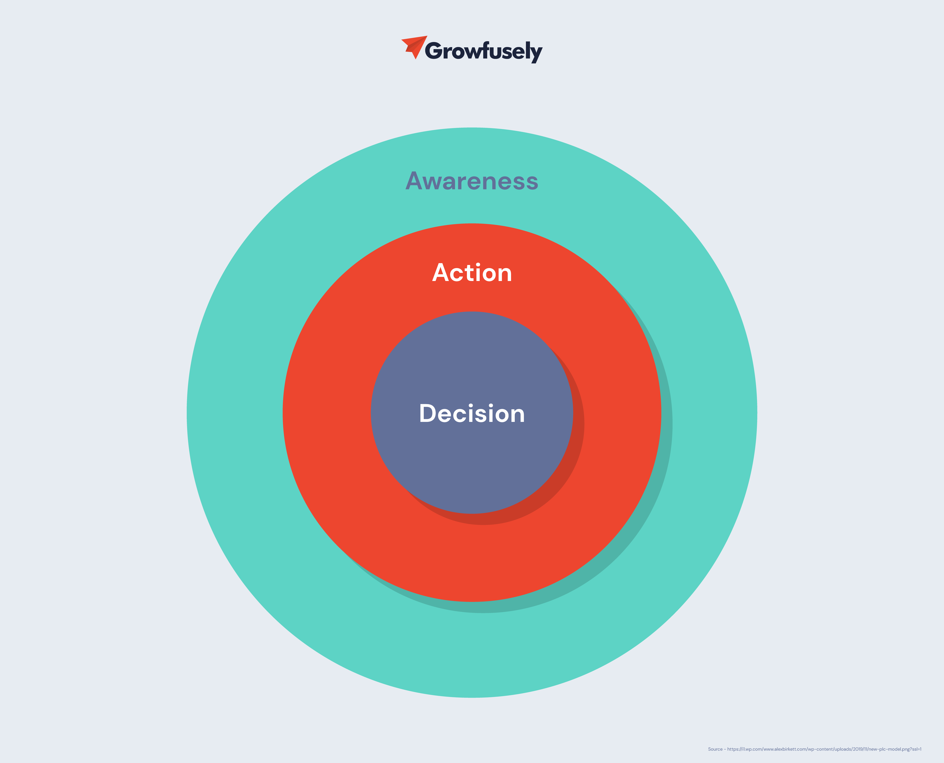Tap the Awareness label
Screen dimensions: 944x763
pos(472,181)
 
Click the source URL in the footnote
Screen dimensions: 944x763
pos(824,749)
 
